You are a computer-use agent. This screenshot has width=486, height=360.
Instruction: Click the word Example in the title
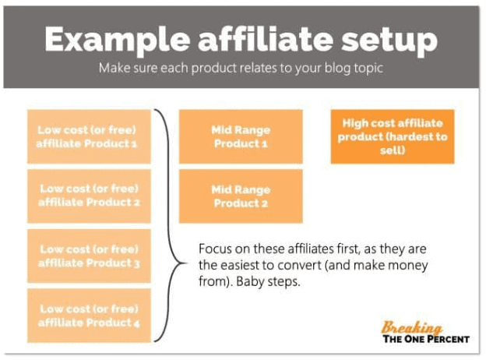coord(117,41)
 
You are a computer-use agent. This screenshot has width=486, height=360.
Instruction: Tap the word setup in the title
coord(389,41)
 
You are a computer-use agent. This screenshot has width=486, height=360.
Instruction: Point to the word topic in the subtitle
coord(369,69)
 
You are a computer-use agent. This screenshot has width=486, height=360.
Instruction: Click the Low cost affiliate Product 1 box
coord(89,136)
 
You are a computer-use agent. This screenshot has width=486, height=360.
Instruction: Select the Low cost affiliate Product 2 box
coord(89,196)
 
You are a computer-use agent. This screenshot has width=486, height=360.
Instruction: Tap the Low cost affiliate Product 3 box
coord(89,256)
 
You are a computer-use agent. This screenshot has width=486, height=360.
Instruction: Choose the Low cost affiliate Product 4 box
coord(89,316)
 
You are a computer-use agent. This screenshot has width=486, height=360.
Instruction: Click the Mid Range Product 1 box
coord(241,136)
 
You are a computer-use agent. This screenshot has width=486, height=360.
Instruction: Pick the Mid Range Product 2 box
coord(241,196)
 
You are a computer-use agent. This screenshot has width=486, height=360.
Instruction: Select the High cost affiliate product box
coord(393,136)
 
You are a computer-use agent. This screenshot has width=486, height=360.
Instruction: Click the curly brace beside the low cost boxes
coord(170,226)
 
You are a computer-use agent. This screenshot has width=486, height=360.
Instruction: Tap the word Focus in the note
coord(215,249)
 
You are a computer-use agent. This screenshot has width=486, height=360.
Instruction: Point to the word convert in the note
coord(299,266)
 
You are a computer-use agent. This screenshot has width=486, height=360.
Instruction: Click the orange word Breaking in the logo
coord(411,327)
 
